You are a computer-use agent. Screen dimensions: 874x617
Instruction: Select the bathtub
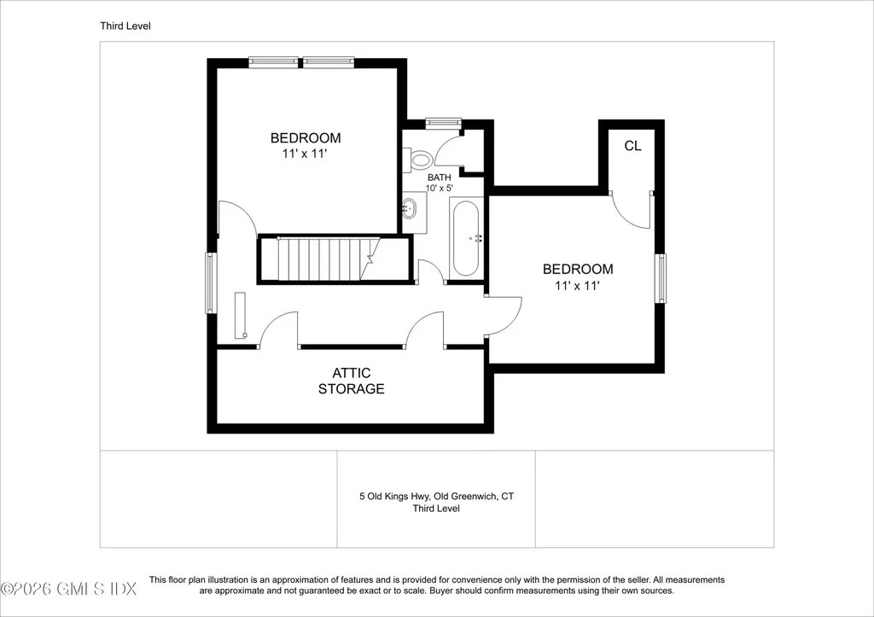pos(465,239)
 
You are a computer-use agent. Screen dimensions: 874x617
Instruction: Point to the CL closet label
pos(632,146)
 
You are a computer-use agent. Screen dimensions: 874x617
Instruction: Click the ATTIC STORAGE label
pos(351,381)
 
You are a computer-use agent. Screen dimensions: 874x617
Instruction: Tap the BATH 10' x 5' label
pos(440,183)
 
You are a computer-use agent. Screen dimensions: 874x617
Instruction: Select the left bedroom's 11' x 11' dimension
pos(305,154)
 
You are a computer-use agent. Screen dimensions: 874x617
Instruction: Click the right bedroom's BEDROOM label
pos(578,269)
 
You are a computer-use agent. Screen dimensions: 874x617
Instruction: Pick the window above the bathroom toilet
pos(444,123)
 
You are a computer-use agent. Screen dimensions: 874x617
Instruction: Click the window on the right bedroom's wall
pos(660,278)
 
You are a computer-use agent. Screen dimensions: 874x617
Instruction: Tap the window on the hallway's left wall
pos(212,282)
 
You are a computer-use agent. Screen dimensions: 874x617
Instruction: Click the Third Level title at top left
pos(125,26)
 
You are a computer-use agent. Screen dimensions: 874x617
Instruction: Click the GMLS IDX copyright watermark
pos(68,589)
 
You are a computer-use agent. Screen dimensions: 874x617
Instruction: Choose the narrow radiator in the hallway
pos(241,315)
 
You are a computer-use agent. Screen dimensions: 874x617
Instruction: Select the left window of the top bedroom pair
pos(273,61)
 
